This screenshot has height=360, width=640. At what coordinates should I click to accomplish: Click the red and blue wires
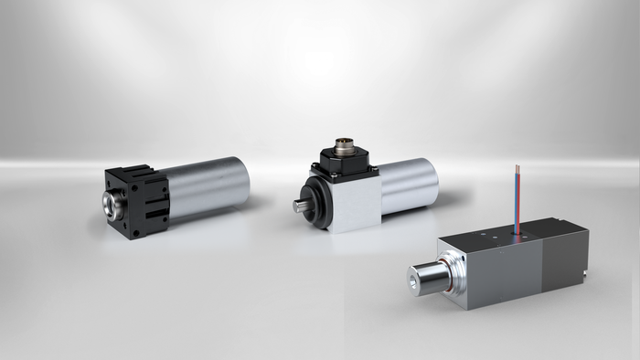click(519, 197)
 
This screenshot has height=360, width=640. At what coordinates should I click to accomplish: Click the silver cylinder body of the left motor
click(210, 186)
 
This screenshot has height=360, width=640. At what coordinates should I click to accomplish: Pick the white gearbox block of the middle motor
click(353, 206)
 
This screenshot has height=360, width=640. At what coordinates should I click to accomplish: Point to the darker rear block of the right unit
click(565, 257)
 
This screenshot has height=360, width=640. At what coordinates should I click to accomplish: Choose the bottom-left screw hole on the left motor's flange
click(135, 232)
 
